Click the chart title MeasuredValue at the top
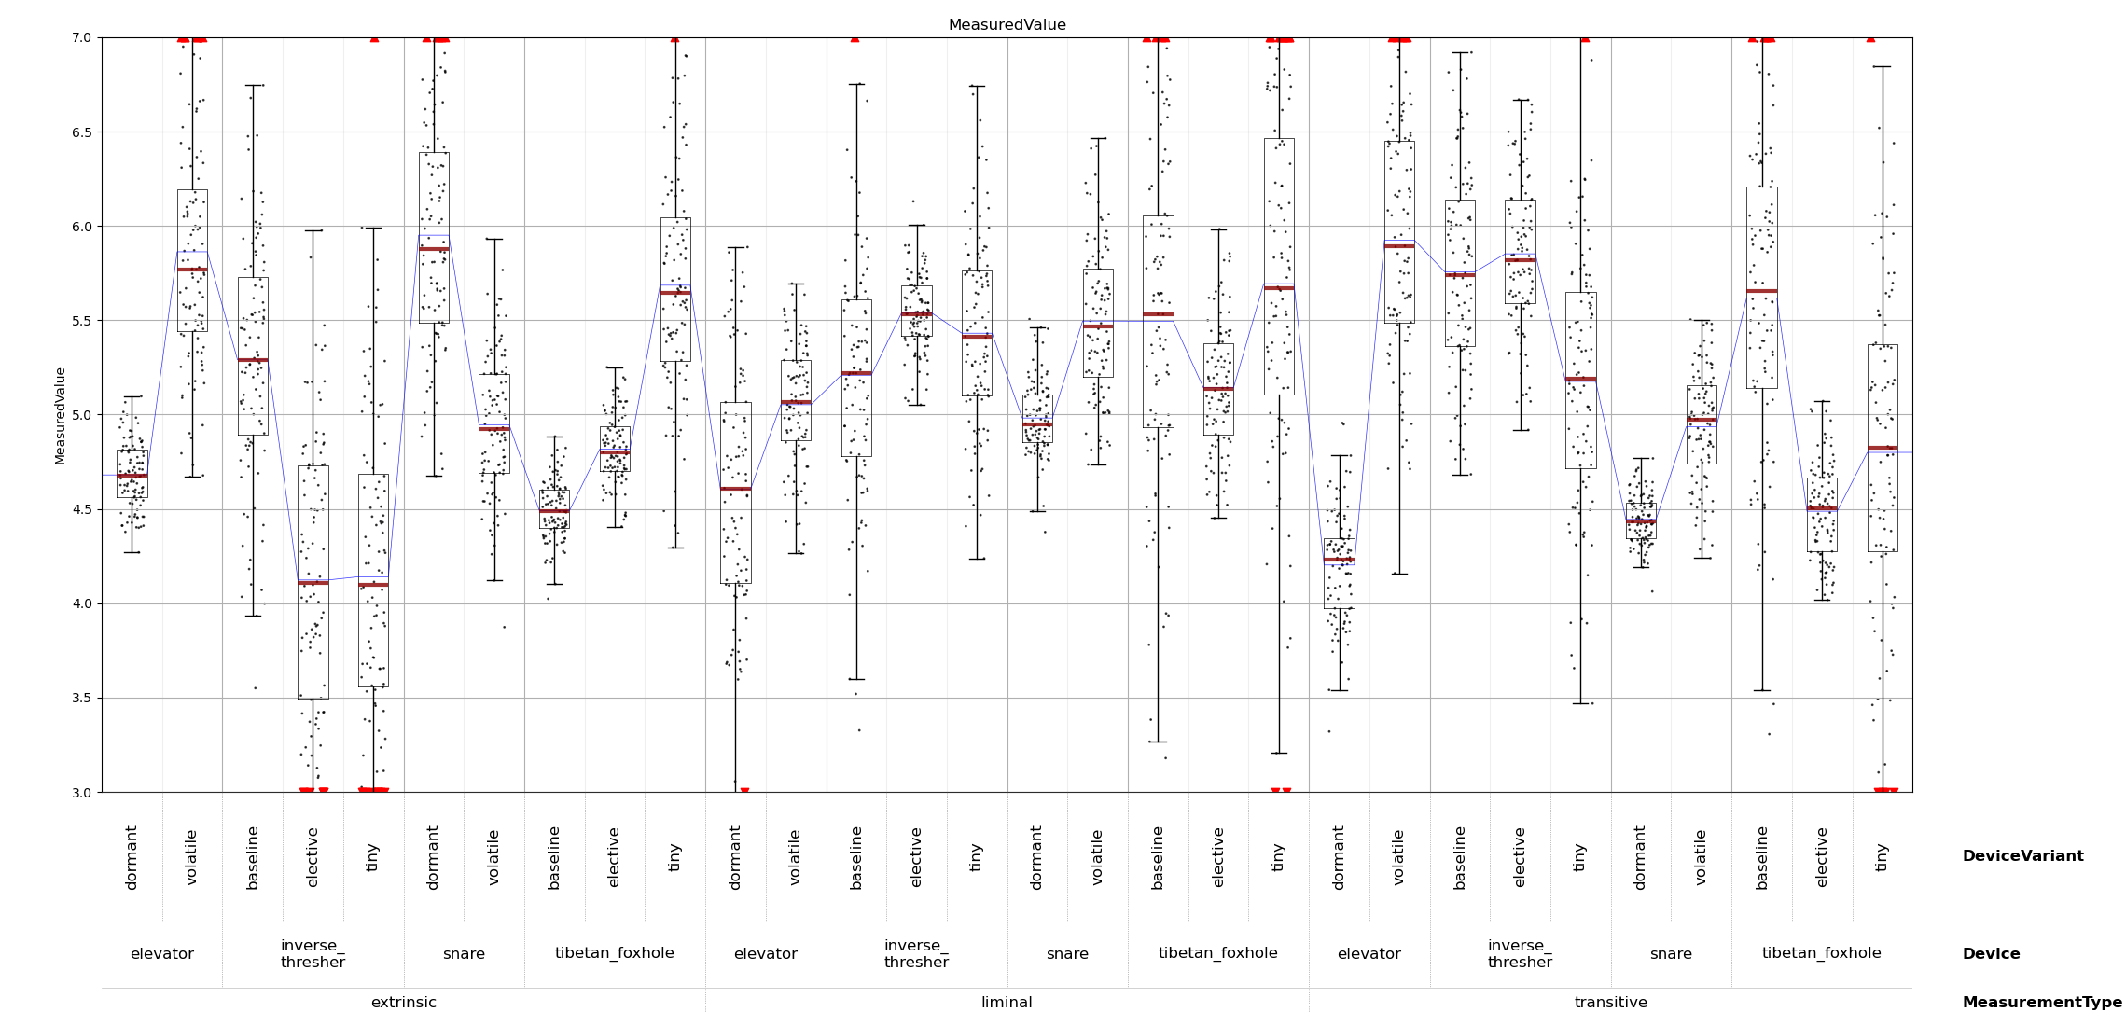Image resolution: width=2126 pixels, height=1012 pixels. point(1007,25)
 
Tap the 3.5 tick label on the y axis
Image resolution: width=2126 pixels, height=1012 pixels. point(81,699)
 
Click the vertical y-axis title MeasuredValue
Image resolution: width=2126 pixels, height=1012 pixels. point(61,415)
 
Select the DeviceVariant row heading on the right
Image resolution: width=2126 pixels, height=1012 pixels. point(2022,856)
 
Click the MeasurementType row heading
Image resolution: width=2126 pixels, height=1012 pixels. point(2041,1003)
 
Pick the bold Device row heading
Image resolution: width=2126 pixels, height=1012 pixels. point(1991,954)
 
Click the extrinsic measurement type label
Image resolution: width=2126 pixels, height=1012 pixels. point(403,1003)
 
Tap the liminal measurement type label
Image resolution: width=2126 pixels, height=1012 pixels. point(1007,1003)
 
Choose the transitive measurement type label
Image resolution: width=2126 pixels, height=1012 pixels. point(1610,1003)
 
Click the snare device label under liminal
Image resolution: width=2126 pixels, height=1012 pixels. point(1067,954)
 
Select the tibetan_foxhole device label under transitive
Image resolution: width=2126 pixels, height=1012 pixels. point(1821,953)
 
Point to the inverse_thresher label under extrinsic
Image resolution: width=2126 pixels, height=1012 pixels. point(313,954)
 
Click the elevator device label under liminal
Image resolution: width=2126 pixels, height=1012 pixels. point(765,954)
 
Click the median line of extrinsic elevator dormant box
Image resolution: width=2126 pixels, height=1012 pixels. point(132,476)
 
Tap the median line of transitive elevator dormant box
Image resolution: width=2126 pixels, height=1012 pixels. point(1339,560)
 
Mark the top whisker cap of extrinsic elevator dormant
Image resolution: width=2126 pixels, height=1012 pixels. point(132,396)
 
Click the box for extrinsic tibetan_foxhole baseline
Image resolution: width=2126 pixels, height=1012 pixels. point(554,509)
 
